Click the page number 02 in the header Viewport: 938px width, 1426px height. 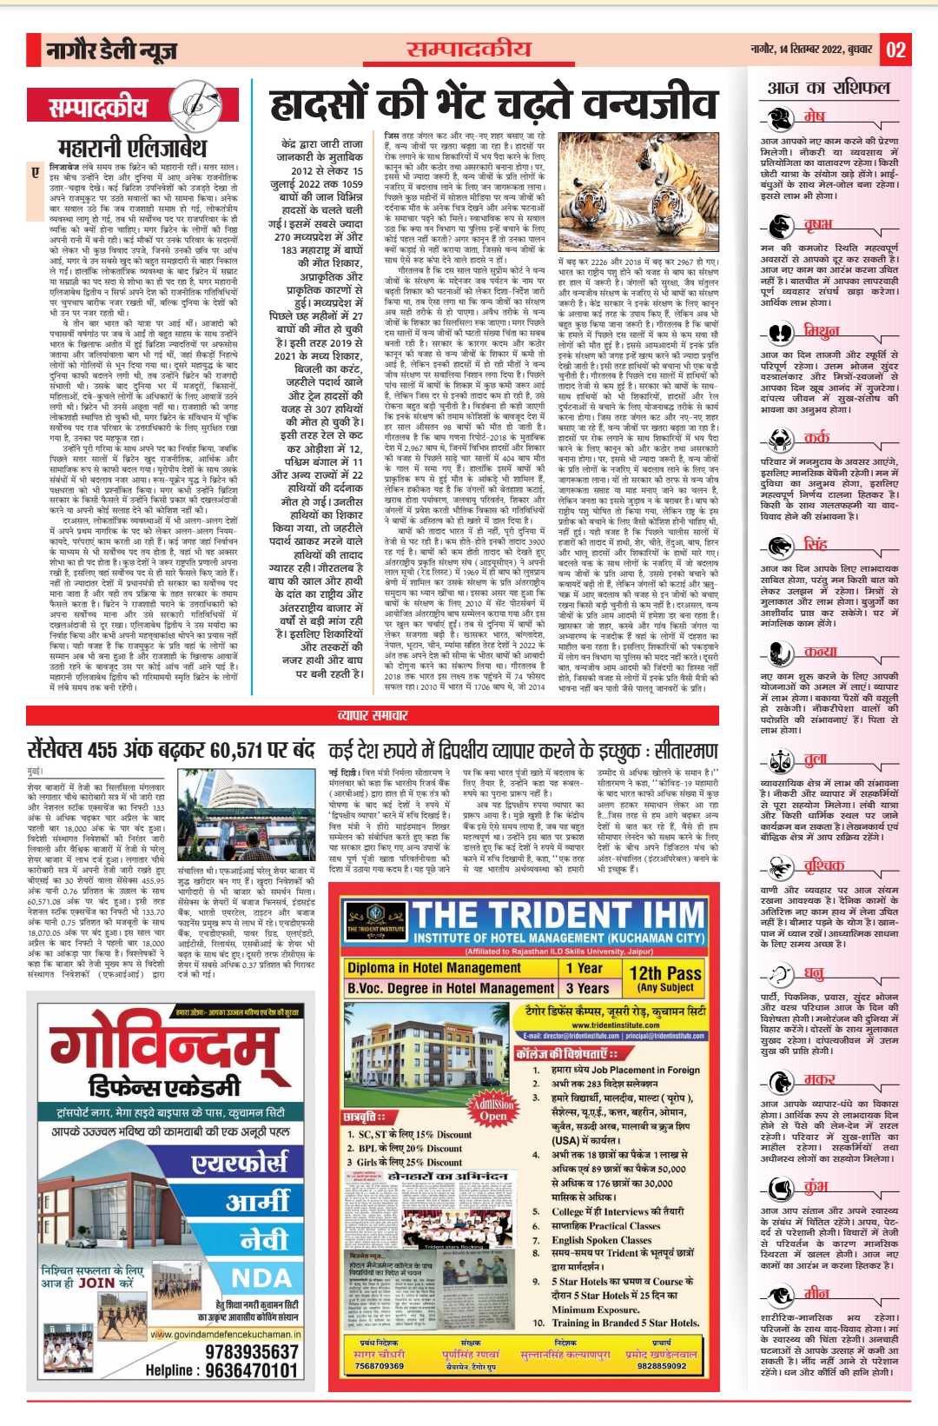895,50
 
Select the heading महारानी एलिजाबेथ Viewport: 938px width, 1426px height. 132,147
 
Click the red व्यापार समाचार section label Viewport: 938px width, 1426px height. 372,714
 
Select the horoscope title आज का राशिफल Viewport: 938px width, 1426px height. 828,88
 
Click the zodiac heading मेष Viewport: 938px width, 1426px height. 814,116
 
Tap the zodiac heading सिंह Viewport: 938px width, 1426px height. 815,544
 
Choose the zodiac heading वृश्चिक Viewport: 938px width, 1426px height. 822,865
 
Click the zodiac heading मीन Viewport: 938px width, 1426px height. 816,1291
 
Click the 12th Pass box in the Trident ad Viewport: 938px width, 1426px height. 665,978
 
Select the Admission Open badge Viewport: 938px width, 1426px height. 492,1110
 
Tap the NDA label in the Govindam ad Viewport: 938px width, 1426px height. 261,1277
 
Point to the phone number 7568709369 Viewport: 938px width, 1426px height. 379,1365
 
